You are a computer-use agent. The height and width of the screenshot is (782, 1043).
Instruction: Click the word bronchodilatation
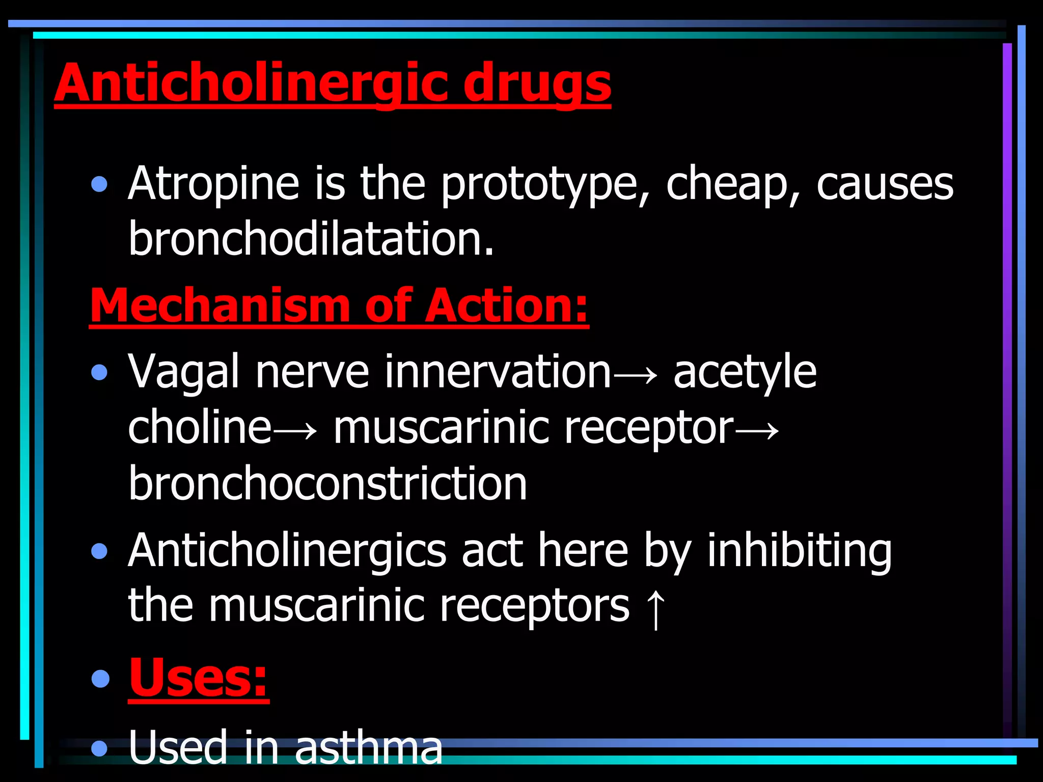(311, 239)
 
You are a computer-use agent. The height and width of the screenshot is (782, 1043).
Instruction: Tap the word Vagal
(184, 372)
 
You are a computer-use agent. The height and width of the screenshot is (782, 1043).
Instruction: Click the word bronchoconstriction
(327, 483)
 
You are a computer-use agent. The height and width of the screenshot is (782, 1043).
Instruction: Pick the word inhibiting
(800, 550)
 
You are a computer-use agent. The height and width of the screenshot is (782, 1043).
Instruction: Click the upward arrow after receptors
(655, 609)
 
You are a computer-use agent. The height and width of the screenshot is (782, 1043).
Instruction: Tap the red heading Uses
(198, 678)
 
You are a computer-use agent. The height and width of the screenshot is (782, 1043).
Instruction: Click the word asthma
(369, 747)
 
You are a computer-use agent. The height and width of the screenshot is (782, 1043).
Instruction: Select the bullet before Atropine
(99, 184)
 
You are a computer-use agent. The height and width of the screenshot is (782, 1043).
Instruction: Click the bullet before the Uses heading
(100, 679)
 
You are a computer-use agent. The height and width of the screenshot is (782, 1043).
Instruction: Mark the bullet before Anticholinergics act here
(99, 551)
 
